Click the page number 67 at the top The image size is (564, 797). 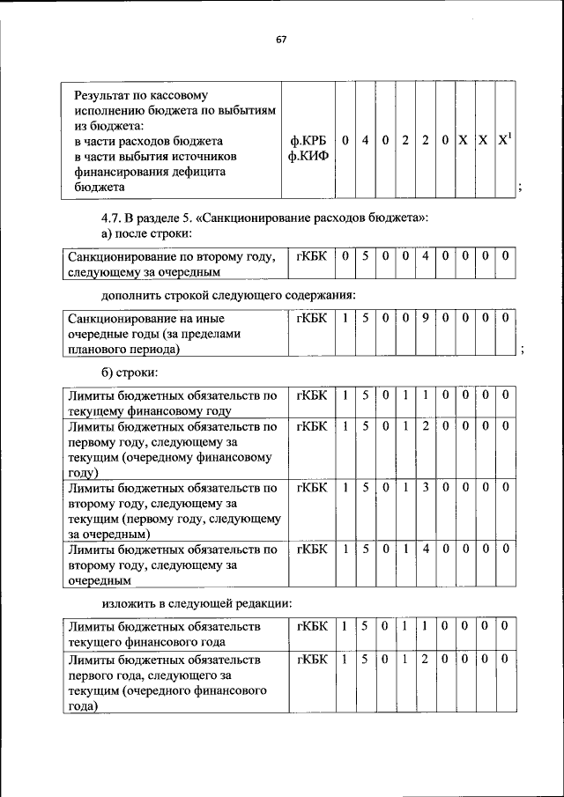282,40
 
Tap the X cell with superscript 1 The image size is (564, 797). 503,140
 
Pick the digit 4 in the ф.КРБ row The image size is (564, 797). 364,140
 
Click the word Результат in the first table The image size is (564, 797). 104,92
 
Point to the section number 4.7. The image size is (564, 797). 115,217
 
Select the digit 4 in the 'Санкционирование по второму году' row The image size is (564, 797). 424,256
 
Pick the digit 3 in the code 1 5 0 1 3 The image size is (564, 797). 424,487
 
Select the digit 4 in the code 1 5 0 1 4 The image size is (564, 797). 424,550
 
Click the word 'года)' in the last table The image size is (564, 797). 84,706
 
